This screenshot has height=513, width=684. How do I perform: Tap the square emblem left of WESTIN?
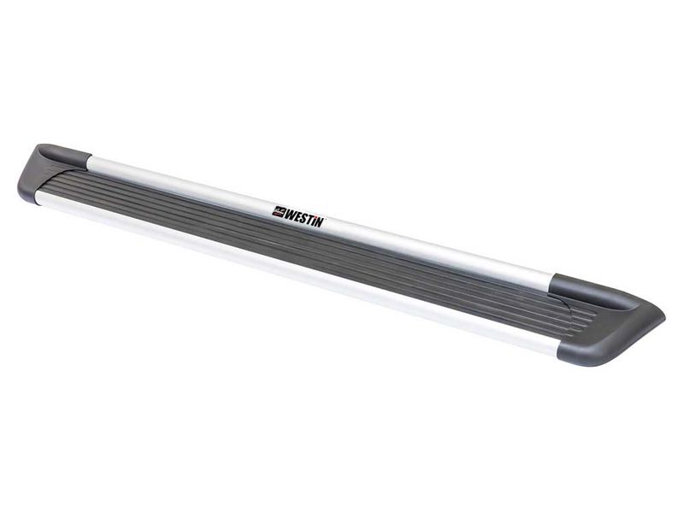pyautogui.click(x=279, y=209)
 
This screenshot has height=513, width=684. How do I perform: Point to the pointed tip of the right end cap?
pyautogui.click(x=662, y=318)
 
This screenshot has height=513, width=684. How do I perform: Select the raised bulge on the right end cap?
pyautogui.click(x=590, y=287)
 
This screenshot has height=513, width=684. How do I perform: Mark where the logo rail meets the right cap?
pyautogui.click(x=552, y=282)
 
